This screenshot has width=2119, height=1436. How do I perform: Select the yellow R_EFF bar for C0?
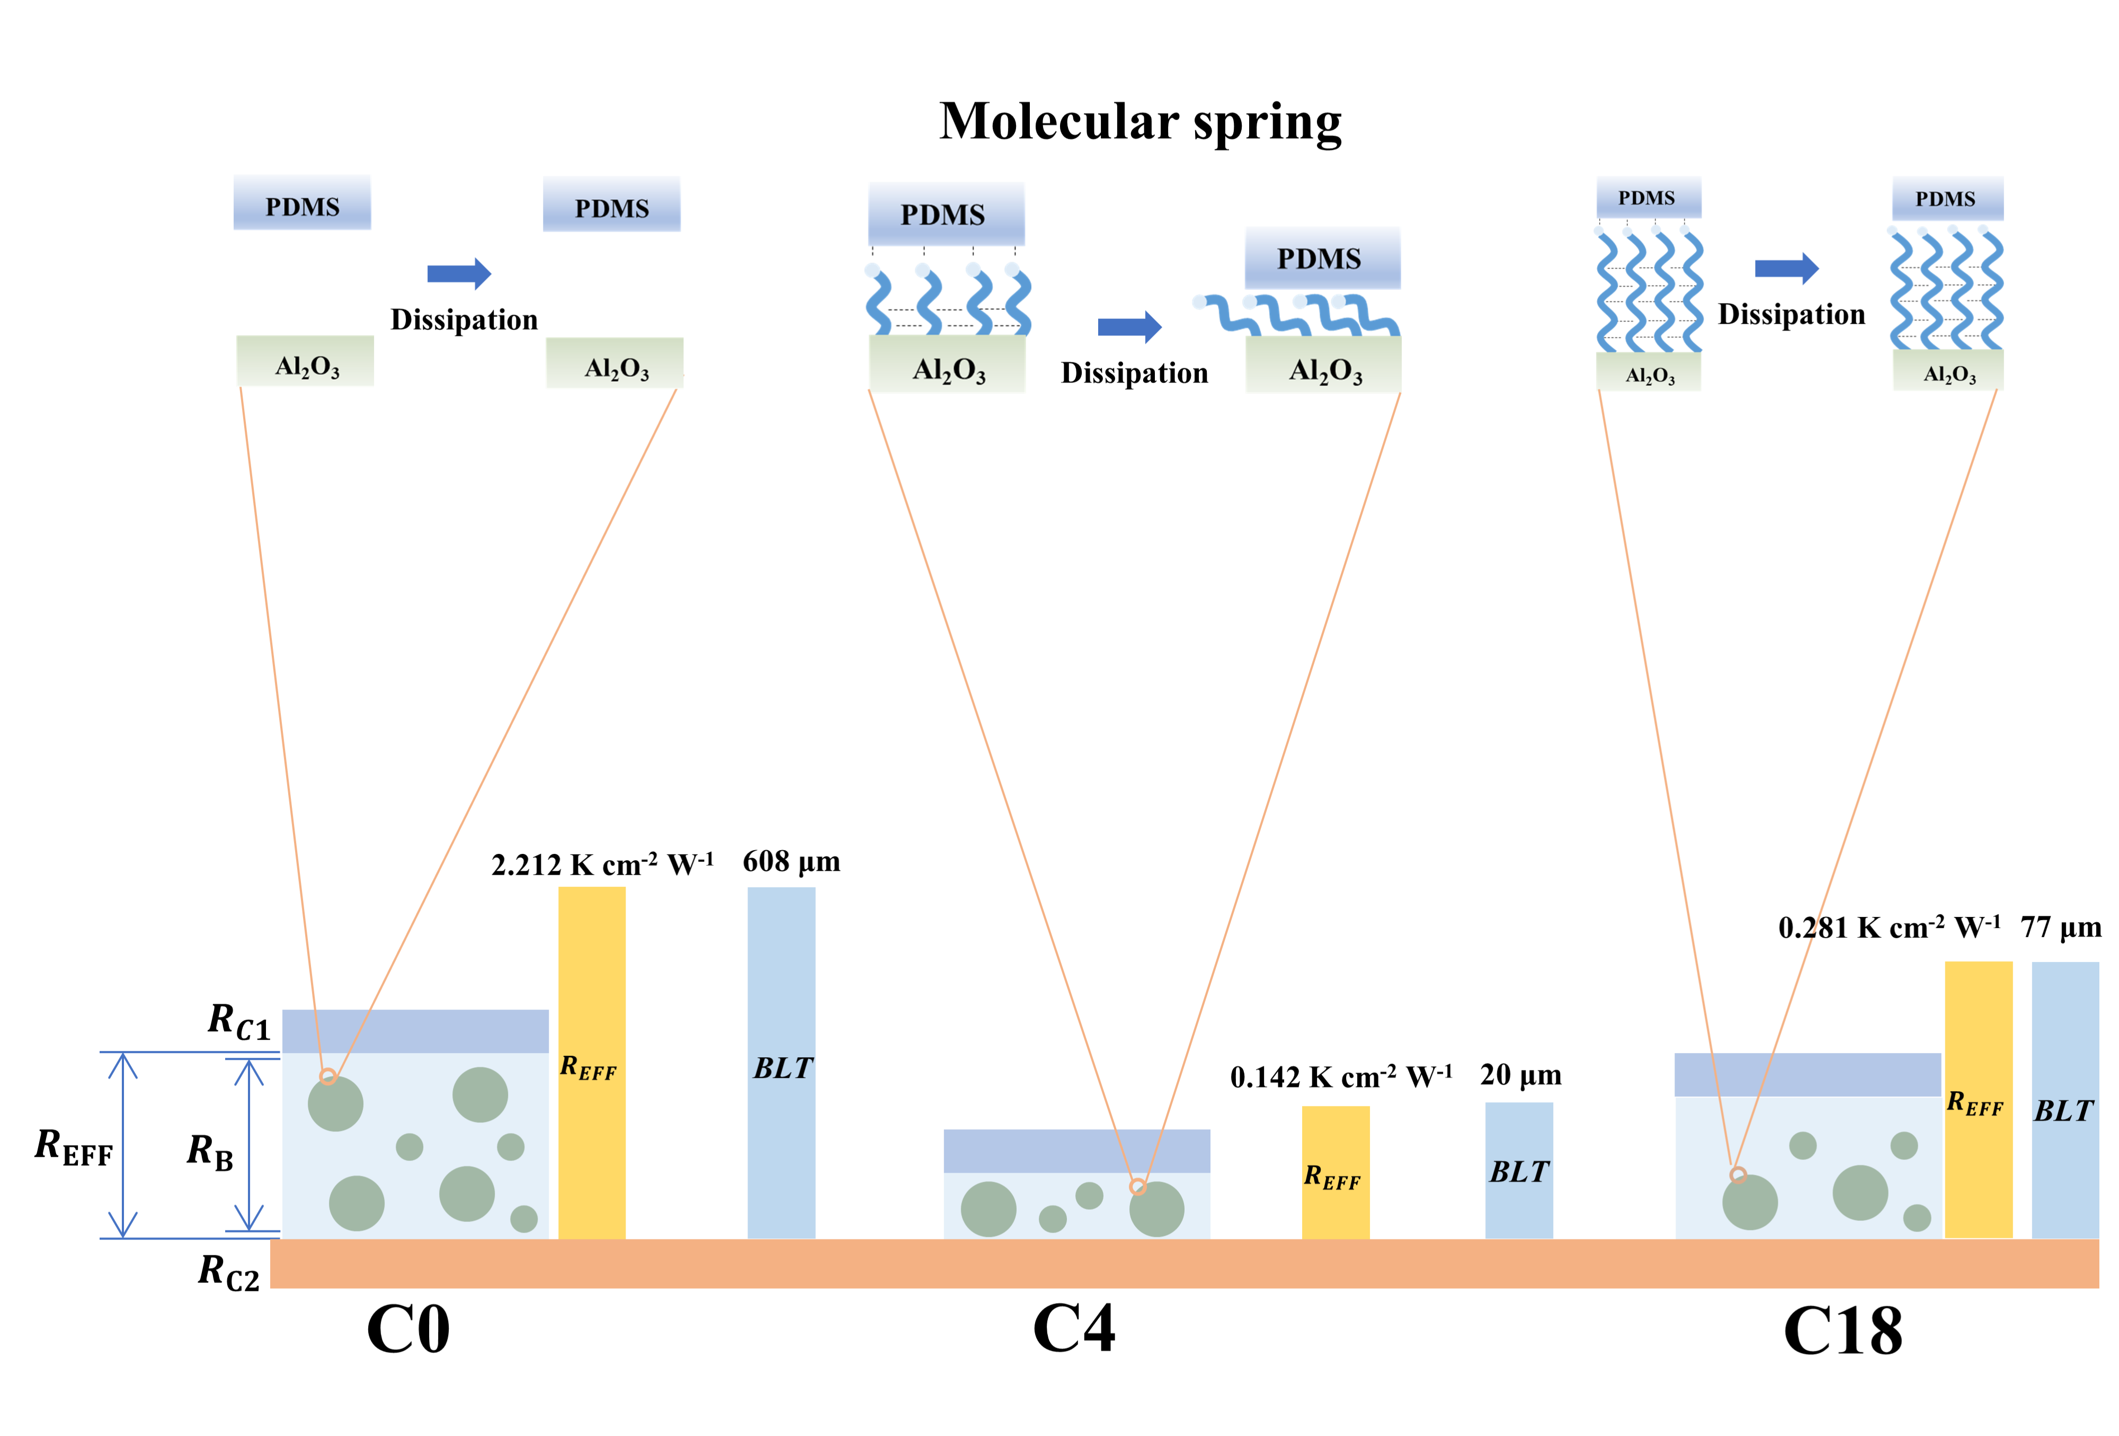click(x=592, y=1062)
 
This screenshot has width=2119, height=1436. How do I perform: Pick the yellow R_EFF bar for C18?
click(x=1978, y=1099)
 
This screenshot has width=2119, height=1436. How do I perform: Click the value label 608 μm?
click(x=790, y=862)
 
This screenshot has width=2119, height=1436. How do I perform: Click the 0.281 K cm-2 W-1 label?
click(x=1889, y=927)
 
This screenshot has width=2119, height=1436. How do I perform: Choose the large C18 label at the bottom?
click(x=1842, y=1331)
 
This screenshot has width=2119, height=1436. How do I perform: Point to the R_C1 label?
click(x=239, y=1021)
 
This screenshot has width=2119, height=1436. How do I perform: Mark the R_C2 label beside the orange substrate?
click(x=229, y=1271)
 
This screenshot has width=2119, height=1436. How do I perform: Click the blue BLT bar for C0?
click(x=781, y=1062)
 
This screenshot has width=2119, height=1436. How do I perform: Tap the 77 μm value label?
click(x=2060, y=927)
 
